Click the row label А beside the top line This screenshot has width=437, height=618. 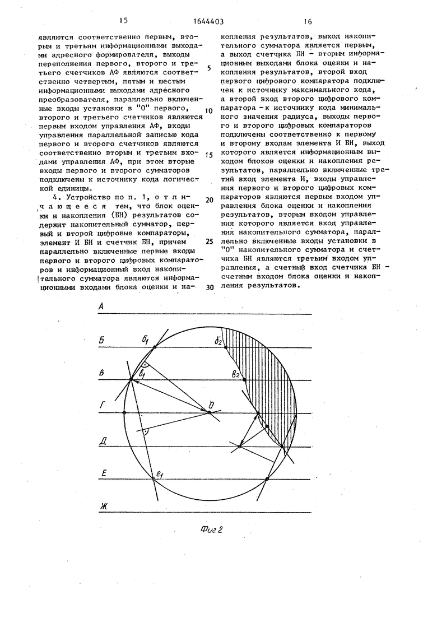click(101, 306)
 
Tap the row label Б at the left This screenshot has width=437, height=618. click(102, 340)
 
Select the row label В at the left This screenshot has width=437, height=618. click(101, 373)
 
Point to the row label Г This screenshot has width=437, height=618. click(102, 406)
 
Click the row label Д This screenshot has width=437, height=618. click(103, 440)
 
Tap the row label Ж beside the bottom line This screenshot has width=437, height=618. click(103, 507)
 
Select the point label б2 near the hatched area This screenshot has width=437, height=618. click(218, 341)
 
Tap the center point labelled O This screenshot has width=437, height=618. click(211, 405)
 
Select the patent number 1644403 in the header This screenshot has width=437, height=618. click(210, 22)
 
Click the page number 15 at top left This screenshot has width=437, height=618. click(123, 21)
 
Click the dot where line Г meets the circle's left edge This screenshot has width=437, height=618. click(124, 413)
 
